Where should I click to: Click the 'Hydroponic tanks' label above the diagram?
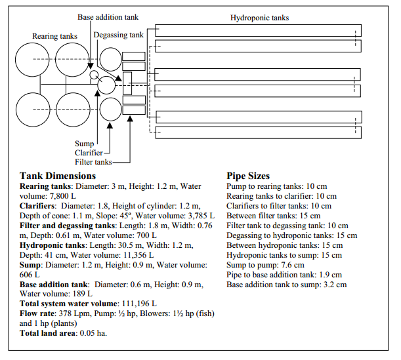coord(259,18)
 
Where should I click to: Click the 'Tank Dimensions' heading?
coord(58,176)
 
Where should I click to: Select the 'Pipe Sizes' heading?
coord(249,176)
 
